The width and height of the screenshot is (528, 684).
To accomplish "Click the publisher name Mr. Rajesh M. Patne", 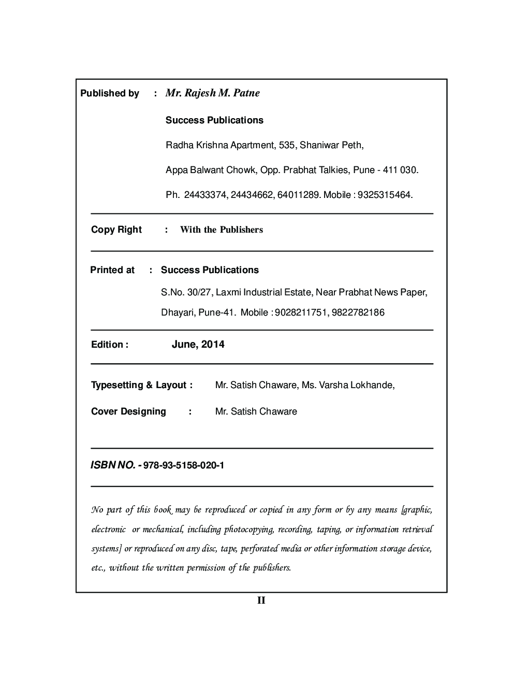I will tap(212, 93).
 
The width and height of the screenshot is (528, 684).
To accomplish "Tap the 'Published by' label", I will tap(110, 93).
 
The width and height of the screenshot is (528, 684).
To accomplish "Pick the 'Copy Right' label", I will tap(116, 230).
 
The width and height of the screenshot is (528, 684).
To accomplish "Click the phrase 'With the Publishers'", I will tap(222, 230).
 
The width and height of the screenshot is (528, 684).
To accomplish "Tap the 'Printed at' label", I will tap(112, 270).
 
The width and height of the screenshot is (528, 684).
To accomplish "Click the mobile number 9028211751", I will tap(300, 312).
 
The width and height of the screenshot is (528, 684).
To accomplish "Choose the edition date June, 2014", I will tap(198, 345).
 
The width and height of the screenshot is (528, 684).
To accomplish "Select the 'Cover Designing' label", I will tap(128, 411).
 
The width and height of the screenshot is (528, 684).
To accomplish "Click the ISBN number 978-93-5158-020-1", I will tap(184, 465).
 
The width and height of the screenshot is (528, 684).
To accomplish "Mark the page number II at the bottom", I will tap(261, 601).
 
